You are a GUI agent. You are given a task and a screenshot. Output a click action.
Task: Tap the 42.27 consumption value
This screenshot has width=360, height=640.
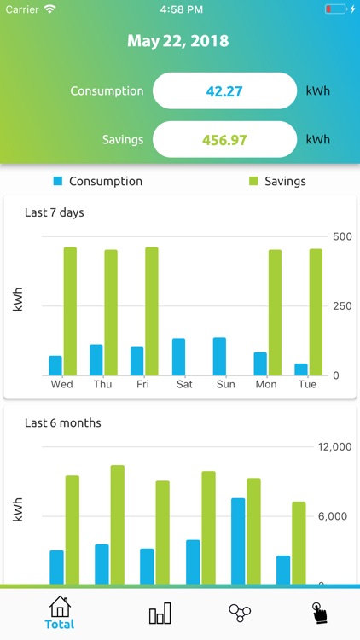224,90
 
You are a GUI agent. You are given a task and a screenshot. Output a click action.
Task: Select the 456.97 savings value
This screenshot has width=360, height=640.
224,139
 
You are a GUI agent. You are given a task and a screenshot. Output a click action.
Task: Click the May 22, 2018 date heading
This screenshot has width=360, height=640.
178,41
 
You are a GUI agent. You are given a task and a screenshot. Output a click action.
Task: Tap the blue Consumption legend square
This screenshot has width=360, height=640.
58,181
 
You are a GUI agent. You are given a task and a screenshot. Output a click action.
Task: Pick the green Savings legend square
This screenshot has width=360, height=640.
253,181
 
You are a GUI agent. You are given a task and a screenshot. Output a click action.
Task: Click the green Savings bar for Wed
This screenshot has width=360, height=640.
70,311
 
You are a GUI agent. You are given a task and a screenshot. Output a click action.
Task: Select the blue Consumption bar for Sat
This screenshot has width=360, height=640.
178,357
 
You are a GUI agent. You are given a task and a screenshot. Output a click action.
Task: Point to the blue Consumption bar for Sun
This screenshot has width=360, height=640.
219,356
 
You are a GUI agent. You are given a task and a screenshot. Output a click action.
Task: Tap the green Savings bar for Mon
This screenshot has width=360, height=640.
275,312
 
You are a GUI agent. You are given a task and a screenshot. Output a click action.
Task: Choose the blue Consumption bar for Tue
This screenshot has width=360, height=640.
301,369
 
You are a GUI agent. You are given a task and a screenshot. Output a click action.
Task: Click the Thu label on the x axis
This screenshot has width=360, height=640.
102,384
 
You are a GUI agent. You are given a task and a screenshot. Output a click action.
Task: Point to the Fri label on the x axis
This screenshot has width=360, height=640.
142,384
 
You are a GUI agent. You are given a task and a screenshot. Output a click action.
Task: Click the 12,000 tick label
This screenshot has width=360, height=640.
334,446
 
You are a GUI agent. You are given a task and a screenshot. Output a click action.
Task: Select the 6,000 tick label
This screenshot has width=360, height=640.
334,516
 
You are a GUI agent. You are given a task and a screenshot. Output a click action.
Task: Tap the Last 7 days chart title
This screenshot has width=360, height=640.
55,212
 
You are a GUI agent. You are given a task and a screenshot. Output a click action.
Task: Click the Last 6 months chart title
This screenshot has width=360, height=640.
63,422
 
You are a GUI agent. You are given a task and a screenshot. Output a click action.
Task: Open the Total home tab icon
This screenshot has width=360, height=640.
60,608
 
